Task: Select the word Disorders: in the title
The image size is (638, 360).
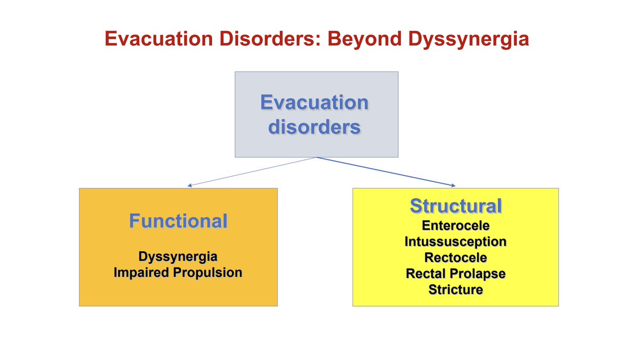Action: (270, 39)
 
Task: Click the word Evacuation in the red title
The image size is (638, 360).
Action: (158, 39)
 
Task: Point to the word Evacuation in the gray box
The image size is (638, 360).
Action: (314, 102)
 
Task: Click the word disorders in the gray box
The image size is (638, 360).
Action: (314, 127)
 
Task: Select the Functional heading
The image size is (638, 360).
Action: (178, 221)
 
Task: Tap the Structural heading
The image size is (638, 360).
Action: (456, 206)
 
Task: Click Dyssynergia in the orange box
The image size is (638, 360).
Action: (178, 257)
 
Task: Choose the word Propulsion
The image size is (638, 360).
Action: (208, 273)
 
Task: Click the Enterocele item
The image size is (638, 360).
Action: (456, 225)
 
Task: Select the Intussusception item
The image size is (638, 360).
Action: (456, 242)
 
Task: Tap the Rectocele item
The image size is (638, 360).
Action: (456, 258)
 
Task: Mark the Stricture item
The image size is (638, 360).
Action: (456, 290)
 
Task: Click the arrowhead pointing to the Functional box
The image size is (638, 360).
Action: (189, 186)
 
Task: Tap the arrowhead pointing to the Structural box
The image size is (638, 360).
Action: (454, 186)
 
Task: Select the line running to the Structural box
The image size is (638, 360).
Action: (386, 171)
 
